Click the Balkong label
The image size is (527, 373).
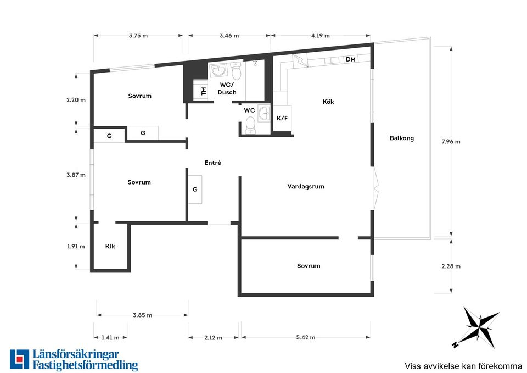[x=402, y=138]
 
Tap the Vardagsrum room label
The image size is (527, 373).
[x=306, y=186]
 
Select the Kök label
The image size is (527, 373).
[x=328, y=102]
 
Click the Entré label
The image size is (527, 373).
[x=213, y=163]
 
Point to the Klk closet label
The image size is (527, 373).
[x=110, y=246]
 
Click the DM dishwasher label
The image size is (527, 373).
[x=351, y=59]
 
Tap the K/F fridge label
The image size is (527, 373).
[x=282, y=119]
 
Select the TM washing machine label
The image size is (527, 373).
[x=203, y=91]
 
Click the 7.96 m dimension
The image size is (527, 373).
[x=451, y=142]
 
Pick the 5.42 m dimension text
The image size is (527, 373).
[x=306, y=337]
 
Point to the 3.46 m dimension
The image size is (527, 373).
[x=229, y=35]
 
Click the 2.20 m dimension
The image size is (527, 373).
[x=76, y=100]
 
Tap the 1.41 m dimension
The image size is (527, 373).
[x=110, y=337]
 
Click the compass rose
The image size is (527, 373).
[x=476, y=327]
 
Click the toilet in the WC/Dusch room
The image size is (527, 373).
[x=236, y=71]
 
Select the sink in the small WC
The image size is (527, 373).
[x=264, y=113]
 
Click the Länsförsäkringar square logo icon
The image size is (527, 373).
[x=20, y=359]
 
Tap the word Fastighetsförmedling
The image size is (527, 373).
[x=86, y=365]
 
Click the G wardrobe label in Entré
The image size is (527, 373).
[x=195, y=190]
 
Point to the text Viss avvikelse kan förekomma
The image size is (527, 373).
[x=463, y=366]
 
